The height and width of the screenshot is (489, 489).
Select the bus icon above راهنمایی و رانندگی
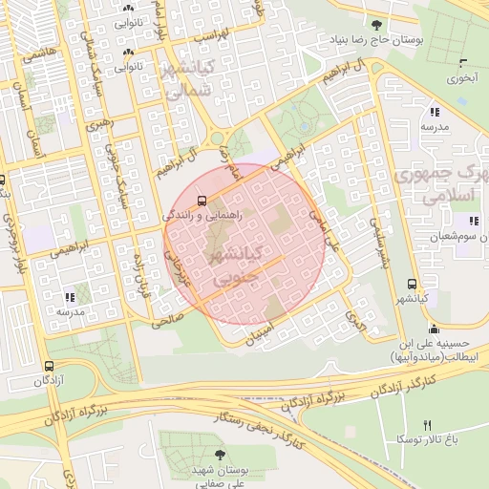tap(202, 201)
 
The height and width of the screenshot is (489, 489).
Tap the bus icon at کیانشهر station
tap(412, 284)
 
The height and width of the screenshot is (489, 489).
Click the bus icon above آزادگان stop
tap(49, 365)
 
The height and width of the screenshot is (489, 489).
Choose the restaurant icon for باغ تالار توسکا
tap(427, 425)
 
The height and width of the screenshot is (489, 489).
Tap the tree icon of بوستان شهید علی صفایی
tap(222, 456)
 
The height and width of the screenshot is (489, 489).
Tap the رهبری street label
tap(97, 124)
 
